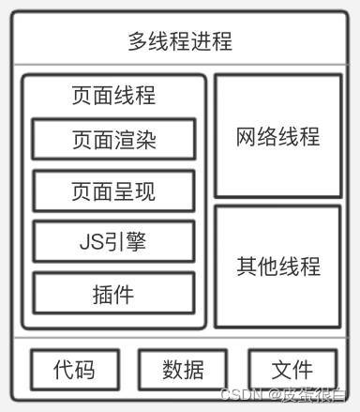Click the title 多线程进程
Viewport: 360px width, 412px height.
point(180,42)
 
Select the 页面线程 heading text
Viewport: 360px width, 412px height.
point(113,96)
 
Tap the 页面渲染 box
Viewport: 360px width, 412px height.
point(113,140)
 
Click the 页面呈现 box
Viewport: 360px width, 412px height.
point(113,191)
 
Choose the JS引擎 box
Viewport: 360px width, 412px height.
point(113,242)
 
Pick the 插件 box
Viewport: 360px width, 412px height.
point(113,294)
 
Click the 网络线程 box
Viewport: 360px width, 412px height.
point(277,136)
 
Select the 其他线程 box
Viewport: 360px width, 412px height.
point(277,265)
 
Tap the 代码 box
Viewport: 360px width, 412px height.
point(74,369)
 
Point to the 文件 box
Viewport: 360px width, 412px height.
point(292,369)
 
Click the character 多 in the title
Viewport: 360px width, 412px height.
point(139,42)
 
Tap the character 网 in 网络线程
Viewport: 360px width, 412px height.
point(247,136)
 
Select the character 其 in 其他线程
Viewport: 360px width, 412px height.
point(247,265)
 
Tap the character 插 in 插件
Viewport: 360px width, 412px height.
point(103,294)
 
